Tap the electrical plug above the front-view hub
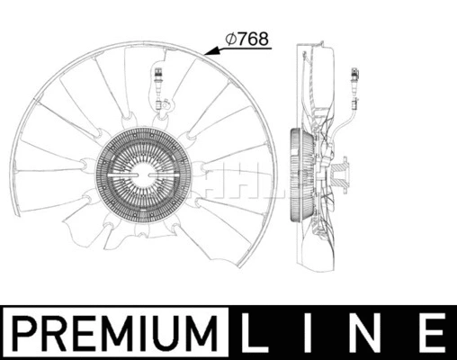(x=159, y=78)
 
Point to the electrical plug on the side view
(x=354, y=80)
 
